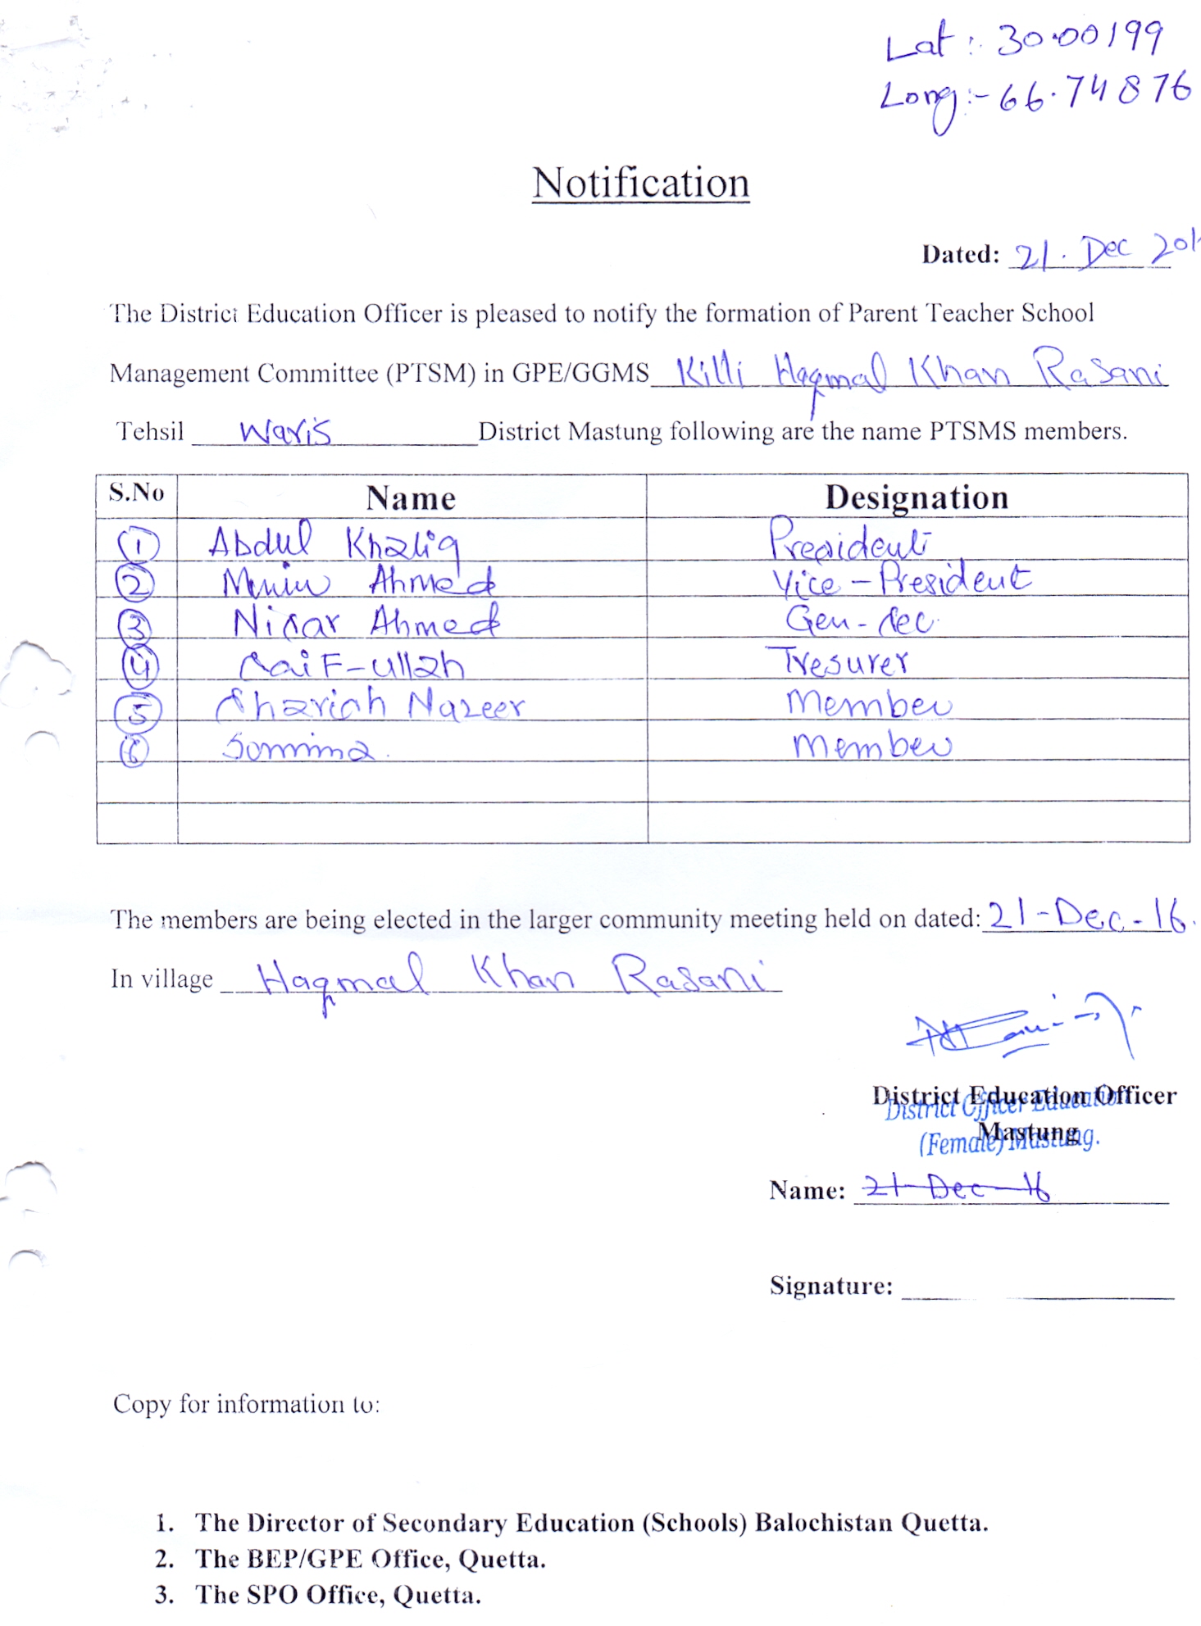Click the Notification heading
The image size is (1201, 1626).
click(640, 183)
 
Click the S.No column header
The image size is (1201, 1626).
click(136, 493)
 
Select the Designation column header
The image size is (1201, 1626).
click(917, 497)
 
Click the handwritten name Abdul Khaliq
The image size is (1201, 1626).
click(333, 543)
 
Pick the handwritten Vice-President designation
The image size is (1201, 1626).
click(900, 580)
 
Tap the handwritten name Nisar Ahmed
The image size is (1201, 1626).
click(366, 623)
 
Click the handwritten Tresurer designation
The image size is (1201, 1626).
click(838, 661)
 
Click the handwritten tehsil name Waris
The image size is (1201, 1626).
click(285, 431)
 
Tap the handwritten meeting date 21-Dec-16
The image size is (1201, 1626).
click(1086, 915)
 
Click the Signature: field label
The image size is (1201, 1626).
click(830, 1286)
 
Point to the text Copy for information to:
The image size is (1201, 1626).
click(246, 1405)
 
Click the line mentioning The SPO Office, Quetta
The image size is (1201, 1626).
click(338, 1595)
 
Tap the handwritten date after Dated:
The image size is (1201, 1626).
click(1103, 252)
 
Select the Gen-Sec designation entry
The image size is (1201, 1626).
click(859, 621)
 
